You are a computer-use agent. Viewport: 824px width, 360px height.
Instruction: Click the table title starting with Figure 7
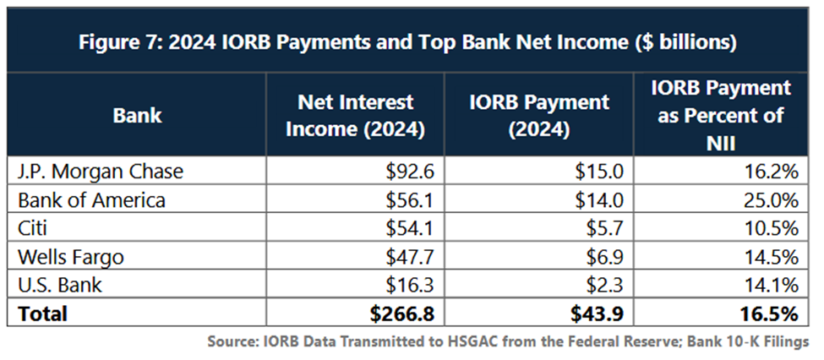coord(407,42)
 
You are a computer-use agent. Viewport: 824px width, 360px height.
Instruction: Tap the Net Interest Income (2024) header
coord(355,116)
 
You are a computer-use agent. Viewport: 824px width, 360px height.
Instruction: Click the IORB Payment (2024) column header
coord(539,116)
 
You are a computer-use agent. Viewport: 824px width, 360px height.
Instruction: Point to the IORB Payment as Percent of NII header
coord(721,115)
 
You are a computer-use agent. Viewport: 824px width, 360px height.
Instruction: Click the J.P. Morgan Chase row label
coord(101,172)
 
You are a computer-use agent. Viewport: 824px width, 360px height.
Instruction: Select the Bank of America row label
coord(91,200)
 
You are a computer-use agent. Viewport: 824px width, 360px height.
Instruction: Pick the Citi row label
coord(34,229)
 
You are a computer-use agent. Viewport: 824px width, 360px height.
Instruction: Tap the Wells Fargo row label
coord(71,258)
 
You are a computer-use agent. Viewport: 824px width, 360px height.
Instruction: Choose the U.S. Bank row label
coord(60,286)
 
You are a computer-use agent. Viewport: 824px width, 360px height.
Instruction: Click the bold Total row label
coord(42,314)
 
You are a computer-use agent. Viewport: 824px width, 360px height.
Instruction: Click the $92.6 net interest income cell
coord(409,172)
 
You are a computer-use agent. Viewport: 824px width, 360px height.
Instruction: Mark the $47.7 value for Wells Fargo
coord(409,258)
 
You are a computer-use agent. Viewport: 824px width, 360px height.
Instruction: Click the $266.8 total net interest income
coord(402,314)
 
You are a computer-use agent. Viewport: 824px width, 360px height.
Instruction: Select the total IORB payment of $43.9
coord(597,314)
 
